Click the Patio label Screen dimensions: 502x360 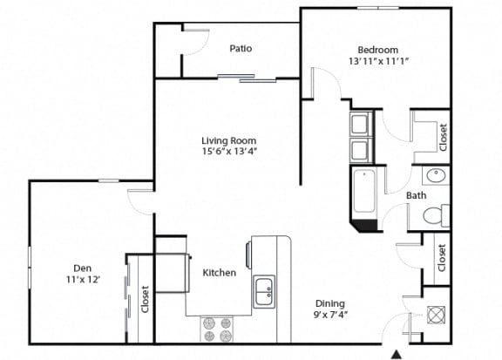241,49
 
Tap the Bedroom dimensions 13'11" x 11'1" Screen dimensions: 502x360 378,61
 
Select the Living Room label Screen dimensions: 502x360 229,140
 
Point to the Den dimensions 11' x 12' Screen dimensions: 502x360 83,280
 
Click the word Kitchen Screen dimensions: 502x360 220,273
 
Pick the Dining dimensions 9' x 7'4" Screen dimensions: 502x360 330,315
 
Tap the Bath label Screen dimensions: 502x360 417,195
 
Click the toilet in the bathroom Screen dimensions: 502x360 437,216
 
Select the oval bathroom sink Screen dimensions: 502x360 436,176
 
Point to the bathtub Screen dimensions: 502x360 364,191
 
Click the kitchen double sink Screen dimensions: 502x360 264,292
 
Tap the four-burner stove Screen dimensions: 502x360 217,329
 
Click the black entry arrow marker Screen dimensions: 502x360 397,354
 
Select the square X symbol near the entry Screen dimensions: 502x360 436,315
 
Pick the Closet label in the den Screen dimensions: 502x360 145,299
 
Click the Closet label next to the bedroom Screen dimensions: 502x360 444,138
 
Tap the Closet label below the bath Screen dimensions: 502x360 442,258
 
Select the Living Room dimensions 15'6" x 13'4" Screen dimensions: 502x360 229,151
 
